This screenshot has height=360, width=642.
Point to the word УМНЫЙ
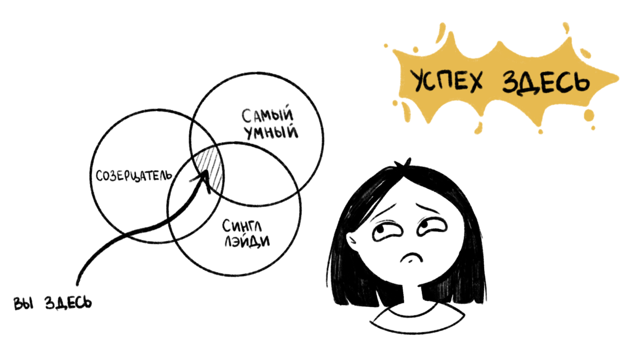point(271,132)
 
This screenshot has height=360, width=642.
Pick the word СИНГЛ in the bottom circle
point(242,226)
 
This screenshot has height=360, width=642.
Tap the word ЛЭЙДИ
point(247,242)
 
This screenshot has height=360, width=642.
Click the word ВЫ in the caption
point(23,303)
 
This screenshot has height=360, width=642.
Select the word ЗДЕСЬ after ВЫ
point(68,303)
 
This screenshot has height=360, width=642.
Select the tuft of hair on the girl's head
point(403,163)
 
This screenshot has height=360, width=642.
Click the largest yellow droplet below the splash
point(589,115)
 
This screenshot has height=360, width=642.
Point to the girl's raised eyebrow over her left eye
point(386,209)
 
